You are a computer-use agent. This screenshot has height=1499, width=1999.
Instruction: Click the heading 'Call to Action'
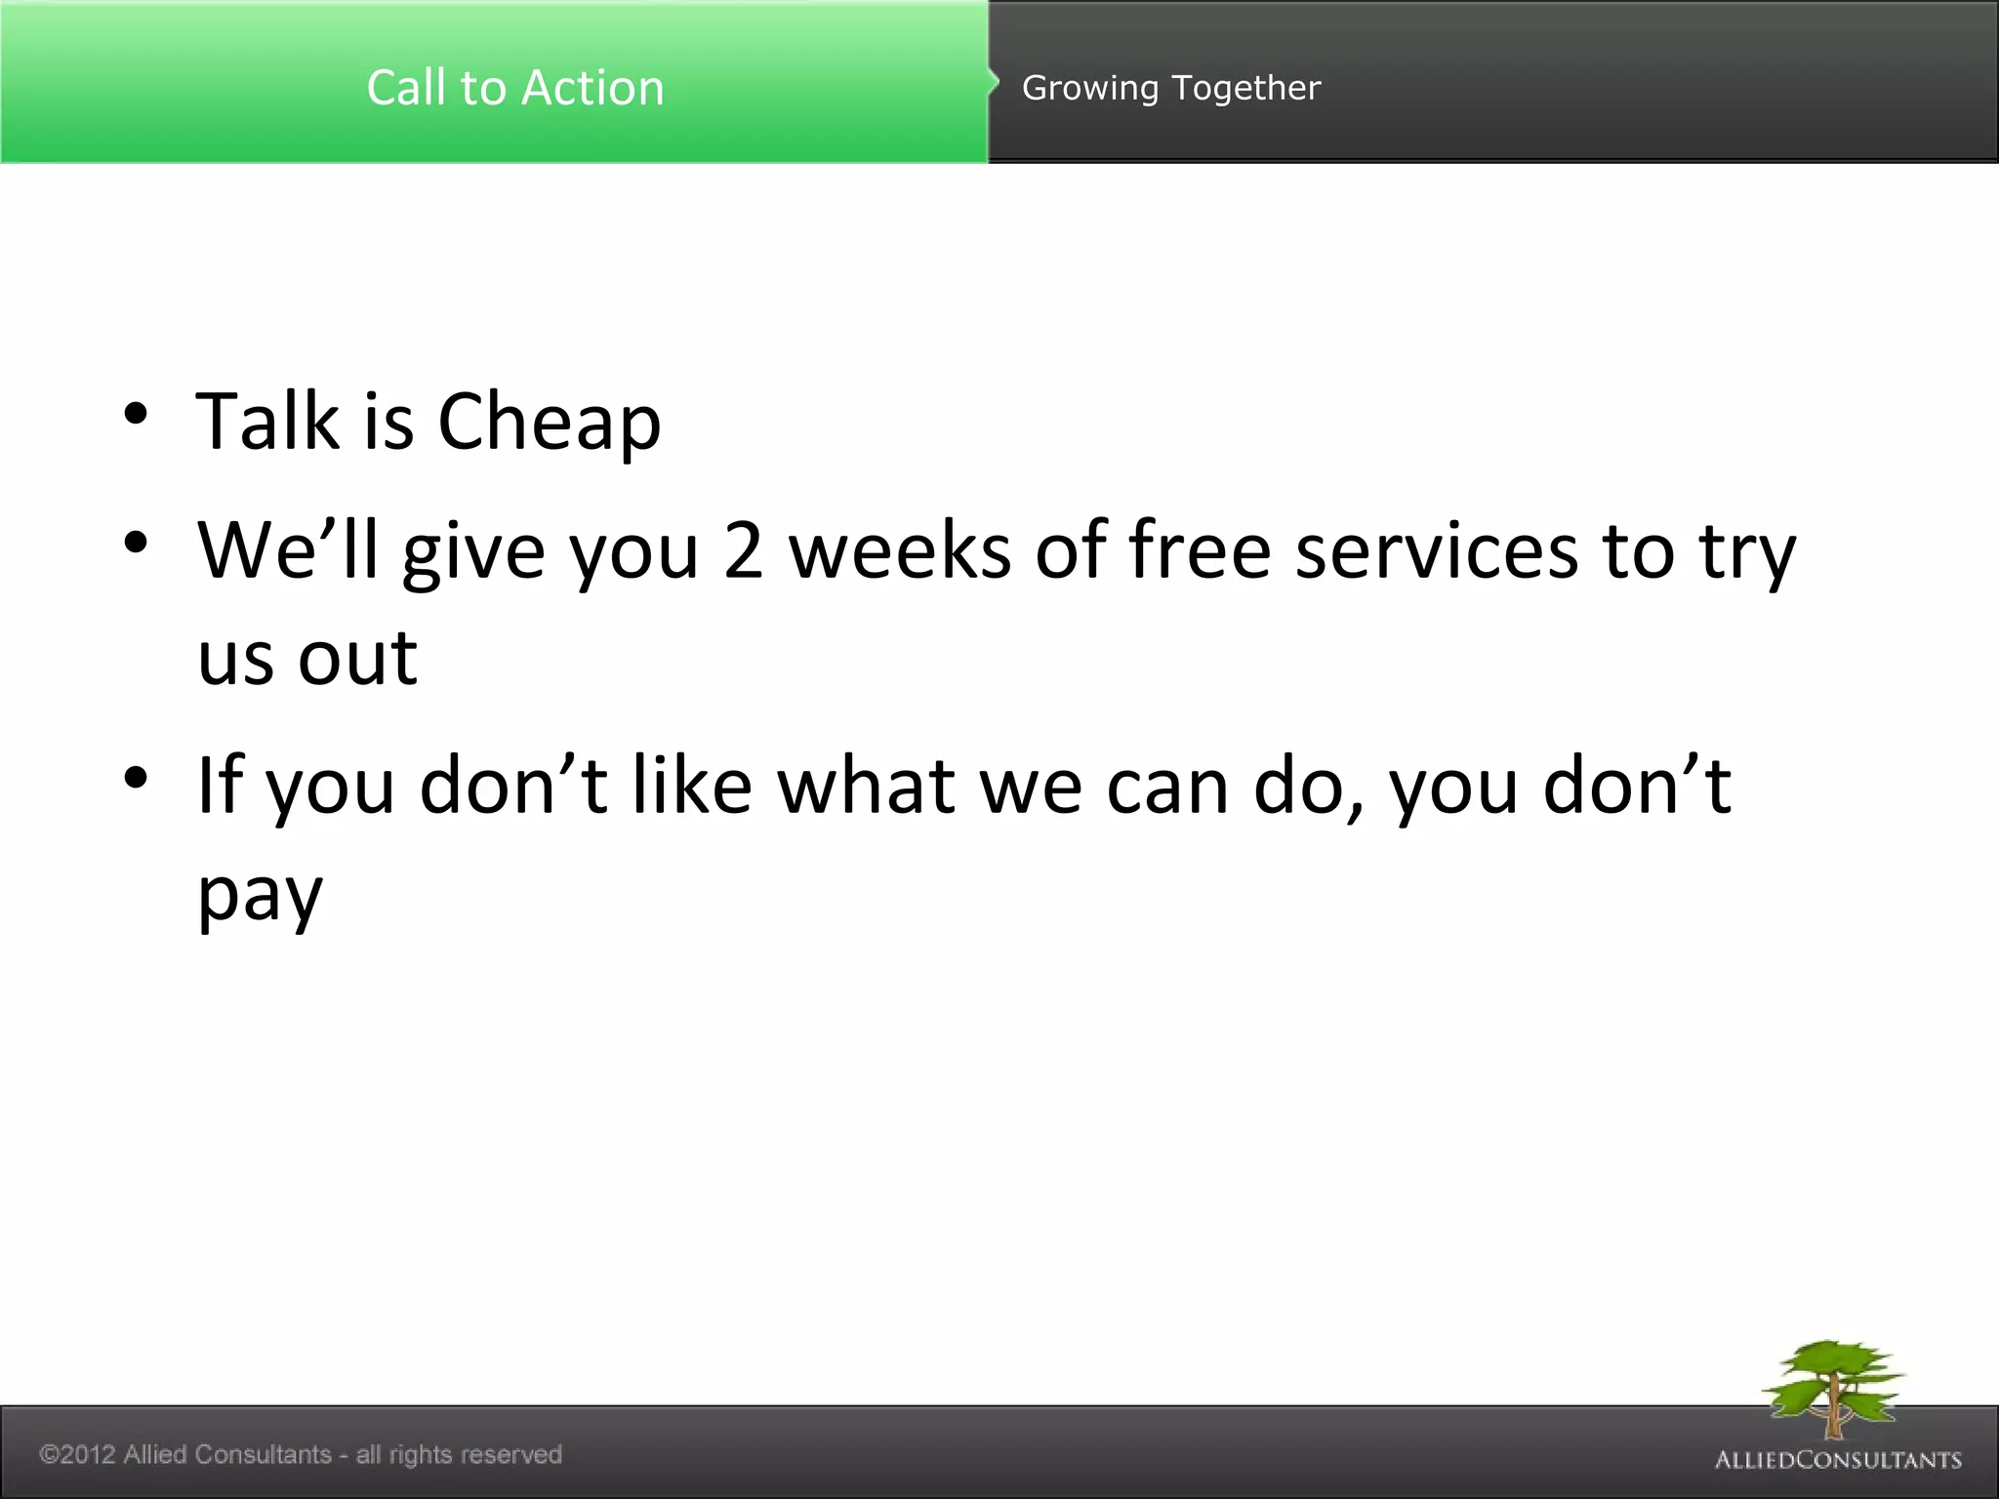tap(514, 88)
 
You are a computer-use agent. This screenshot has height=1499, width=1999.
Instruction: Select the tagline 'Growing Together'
tap(1170, 88)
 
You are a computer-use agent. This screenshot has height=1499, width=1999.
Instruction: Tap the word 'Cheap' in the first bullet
tap(549, 422)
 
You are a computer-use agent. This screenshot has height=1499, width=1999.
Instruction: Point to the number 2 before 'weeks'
tap(743, 551)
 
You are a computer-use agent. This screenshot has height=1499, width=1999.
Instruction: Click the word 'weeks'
tap(899, 551)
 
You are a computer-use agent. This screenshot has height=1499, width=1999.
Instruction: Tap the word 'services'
tap(1436, 551)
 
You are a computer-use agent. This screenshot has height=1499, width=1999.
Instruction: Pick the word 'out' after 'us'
tap(357, 659)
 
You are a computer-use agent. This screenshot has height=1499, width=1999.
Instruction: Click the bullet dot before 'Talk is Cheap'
tap(136, 414)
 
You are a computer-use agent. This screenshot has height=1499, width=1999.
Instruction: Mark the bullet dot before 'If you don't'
tap(136, 777)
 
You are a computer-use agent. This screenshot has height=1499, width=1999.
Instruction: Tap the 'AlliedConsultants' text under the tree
tap(1838, 1460)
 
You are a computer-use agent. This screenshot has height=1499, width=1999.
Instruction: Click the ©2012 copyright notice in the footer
tap(301, 1454)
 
